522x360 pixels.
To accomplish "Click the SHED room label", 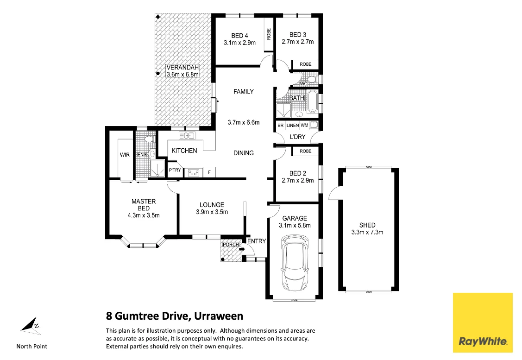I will click(367, 225).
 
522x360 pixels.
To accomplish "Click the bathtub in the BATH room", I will click(313, 101).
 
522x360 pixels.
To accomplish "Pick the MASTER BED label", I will click(144, 204).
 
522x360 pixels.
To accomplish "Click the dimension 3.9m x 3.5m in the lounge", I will click(212, 212).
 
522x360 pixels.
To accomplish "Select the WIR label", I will click(125, 155).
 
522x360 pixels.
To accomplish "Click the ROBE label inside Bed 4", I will click(269, 33).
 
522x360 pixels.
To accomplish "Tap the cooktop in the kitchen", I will click(193, 173).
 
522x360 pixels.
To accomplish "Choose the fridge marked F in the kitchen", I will click(209, 173).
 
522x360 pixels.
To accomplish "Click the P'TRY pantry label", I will click(175, 171).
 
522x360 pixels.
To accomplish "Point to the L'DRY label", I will click(297, 137).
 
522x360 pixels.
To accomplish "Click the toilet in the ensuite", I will click(149, 139).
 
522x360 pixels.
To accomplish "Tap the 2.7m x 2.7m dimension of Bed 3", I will click(298, 42).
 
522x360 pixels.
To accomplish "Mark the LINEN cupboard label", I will click(292, 125).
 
